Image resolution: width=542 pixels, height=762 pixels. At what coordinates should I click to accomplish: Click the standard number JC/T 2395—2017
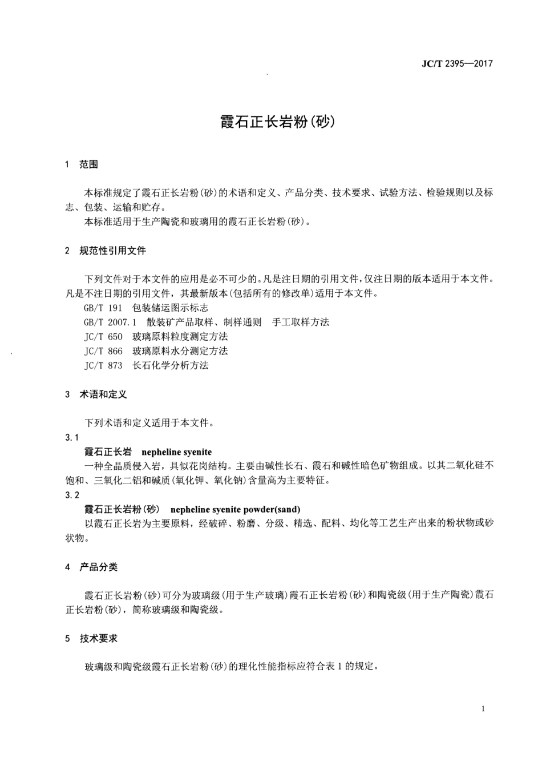coord(456,63)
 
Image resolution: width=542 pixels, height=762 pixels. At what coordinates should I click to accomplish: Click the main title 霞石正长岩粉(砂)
coord(277,122)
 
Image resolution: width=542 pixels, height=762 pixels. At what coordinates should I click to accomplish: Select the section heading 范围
coord(88,164)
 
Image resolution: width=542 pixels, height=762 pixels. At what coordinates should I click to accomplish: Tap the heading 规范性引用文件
coord(112,251)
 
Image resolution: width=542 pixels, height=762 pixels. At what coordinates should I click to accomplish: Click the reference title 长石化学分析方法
coord(171,365)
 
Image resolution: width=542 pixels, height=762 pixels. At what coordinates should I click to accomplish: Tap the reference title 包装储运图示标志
coord(171,308)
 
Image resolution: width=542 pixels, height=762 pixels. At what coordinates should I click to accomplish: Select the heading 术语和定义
coord(103,394)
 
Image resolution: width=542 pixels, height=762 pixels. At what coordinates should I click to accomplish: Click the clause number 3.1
coord(72,437)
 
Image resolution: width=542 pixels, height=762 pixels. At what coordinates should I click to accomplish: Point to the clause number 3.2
coord(72,495)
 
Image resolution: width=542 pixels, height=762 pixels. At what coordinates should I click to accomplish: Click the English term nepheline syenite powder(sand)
coord(235,509)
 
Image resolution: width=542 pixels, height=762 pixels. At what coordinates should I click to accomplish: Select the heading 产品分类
coord(98,567)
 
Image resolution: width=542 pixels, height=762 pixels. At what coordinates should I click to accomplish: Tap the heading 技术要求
coord(98,638)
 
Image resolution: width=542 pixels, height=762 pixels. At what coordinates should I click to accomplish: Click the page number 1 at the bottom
coord(483,709)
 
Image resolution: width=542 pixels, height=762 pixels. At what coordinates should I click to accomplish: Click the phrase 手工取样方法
coord(301,322)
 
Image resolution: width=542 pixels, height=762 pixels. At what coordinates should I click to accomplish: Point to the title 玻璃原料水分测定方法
coord(180,350)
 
